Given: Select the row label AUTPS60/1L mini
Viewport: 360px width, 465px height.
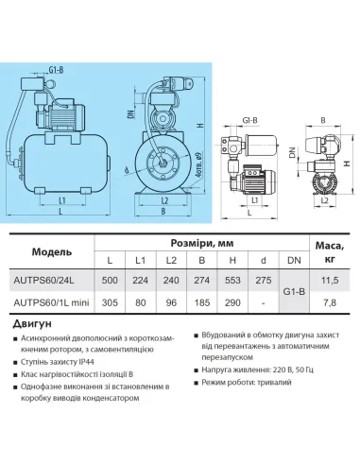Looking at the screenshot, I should pyautogui.click(x=52, y=303).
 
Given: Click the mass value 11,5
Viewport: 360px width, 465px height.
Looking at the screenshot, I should pyautogui.click(x=330, y=282).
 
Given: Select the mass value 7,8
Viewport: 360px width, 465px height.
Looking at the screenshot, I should pyautogui.click(x=330, y=303).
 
